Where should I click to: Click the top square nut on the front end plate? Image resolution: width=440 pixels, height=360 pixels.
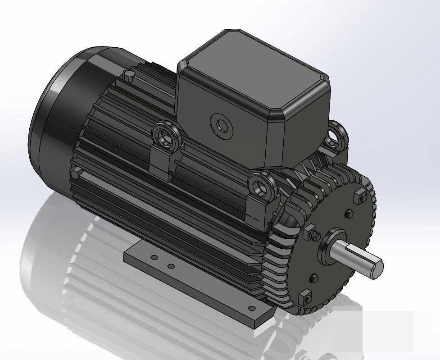pos(360,197)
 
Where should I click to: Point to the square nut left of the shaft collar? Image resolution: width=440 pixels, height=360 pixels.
pos(310,233)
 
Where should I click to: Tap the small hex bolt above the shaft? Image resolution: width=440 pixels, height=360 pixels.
pos(348,213)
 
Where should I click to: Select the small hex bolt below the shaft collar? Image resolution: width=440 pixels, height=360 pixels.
pos(314,278)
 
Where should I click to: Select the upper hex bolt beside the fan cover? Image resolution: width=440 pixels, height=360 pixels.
pos(128,78)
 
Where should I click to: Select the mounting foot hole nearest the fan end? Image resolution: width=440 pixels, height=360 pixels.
pos(154,258)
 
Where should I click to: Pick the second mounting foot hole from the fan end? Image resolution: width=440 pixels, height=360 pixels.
pos(171,267)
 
